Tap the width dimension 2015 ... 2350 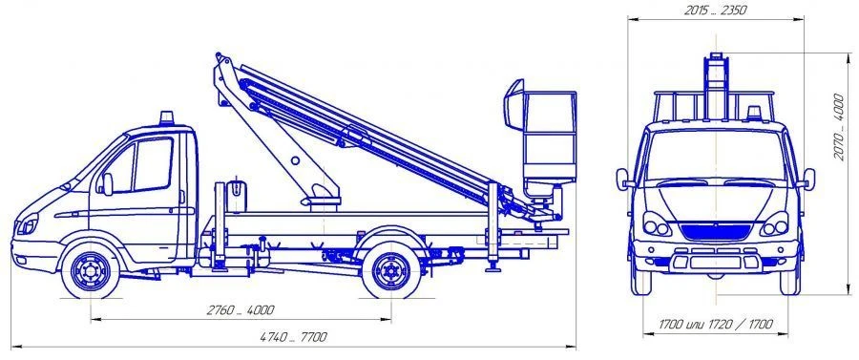point(715,11)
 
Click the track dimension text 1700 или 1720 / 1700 point(715,326)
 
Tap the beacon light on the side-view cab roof point(168,119)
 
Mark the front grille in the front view point(715,228)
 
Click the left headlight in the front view point(657,226)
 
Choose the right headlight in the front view point(774,226)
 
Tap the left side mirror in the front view point(624,179)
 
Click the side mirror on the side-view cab point(107,182)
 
